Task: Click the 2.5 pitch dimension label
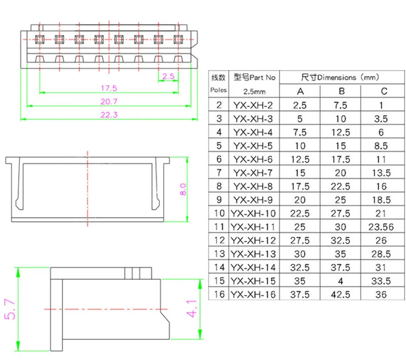pyautogui.click(x=169, y=77)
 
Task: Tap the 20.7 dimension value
pyautogui.click(x=109, y=101)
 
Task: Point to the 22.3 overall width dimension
pyautogui.click(x=109, y=115)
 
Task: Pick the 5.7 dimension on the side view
pyautogui.click(x=10, y=309)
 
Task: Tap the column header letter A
pyautogui.click(x=300, y=92)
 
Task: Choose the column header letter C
pyautogui.click(x=384, y=92)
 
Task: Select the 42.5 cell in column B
pyautogui.click(x=342, y=294)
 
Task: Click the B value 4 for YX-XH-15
pyautogui.click(x=342, y=280)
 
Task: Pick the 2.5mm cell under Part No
pyautogui.click(x=255, y=92)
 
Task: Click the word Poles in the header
pyautogui.click(x=219, y=90)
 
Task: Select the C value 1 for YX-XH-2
pyautogui.click(x=384, y=105)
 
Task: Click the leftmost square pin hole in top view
pyautogui.click(x=40, y=39)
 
